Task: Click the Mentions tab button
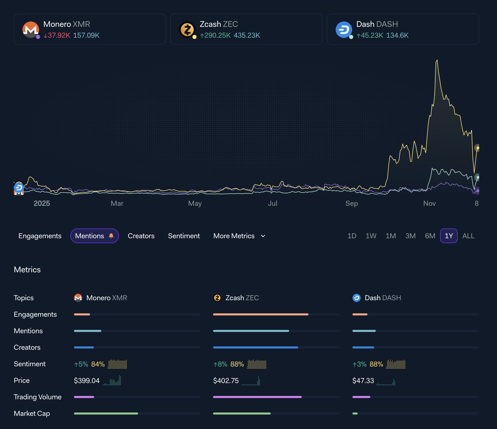tap(94, 236)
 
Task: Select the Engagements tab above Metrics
tap(40, 236)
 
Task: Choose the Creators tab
tap(141, 236)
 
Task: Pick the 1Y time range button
tap(449, 236)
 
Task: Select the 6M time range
tap(430, 236)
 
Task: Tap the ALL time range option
tap(468, 236)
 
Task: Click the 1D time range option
tap(352, 236)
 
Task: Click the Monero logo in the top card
tap(31, 30)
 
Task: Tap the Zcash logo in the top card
tap(187, 30)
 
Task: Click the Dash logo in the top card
tap(344, 30)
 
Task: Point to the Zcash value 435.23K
tap(247, 35)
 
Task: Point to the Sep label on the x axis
tap(352, 203)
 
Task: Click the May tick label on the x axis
tap(195, 203)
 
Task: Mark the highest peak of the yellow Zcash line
tap(437, 60)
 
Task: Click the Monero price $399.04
tap(87, 380)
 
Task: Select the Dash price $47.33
tap(363, 380)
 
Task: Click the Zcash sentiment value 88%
tap(237, 364)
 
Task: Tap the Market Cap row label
tap(32, 414)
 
